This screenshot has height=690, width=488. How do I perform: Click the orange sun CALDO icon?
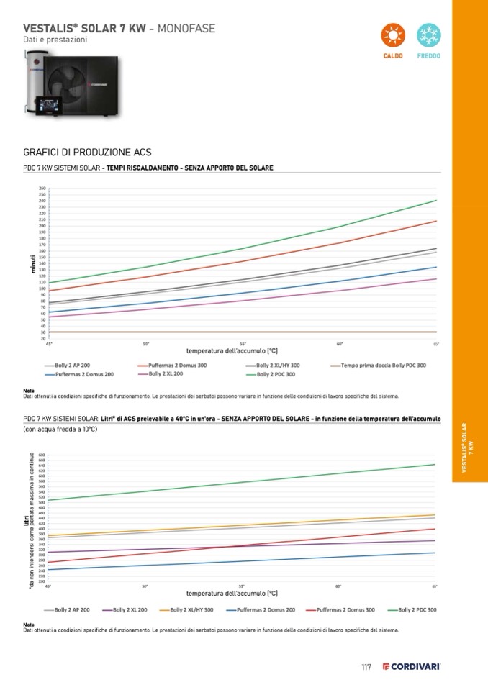(x=392, y=35)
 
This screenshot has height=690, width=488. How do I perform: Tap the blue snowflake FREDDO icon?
(x=429, y=35)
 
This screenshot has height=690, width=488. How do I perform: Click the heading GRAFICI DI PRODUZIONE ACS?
(x=87, y=153)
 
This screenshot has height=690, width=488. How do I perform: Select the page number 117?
(x=366, y=667)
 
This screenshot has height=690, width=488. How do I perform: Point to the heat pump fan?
(x=66, y=76)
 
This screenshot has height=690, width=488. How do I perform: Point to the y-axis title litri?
(x=25, y=517)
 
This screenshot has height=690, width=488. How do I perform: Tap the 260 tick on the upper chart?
(x=42, y=189)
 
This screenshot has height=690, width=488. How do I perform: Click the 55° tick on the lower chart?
(x=242, y=587)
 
